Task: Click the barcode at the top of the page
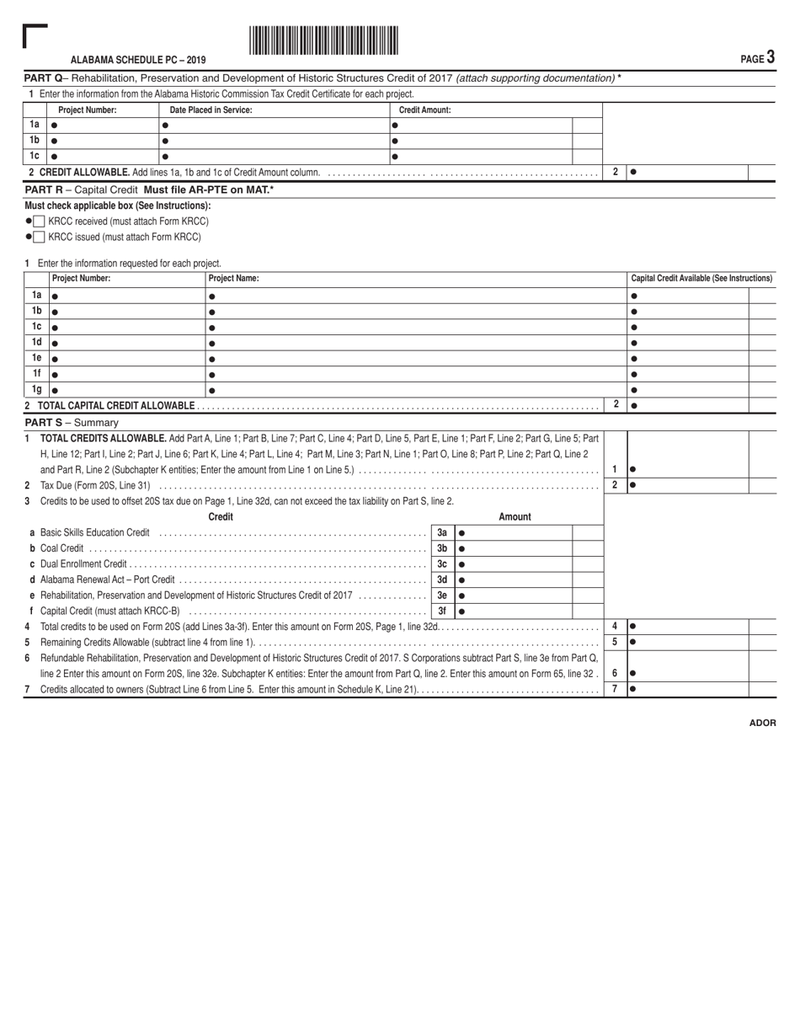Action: coord(323,40)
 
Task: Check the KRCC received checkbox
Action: coord(40,222)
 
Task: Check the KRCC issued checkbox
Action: coord(40,237)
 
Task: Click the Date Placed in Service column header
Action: coord(211,109)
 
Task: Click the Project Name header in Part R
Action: coord(233,278)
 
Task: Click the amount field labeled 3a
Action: coord(514,532)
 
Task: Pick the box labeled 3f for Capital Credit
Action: coord(442,611)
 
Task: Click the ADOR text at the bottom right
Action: coord(762,723)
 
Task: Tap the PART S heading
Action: coord(72,422)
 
